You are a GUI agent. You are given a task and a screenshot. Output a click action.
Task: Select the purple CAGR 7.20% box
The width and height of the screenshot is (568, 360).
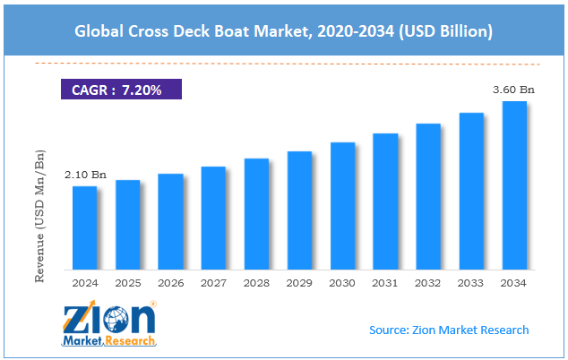point(121,90)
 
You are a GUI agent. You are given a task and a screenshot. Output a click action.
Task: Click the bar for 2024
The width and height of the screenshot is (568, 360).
point(84,227)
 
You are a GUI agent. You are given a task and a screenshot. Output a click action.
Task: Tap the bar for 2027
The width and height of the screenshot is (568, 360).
point(213,218)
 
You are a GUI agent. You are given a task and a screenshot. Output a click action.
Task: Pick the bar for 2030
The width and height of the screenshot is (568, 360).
point(342,205)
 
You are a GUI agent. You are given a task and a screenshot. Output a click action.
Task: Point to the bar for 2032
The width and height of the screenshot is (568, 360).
point(428,196)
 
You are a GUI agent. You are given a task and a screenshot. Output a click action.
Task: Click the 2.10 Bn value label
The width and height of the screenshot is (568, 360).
point(84,175)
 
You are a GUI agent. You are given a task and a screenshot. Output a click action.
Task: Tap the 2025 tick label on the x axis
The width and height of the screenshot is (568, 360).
point(127,282)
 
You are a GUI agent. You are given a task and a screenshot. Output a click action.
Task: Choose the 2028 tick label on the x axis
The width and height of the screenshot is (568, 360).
point(256,282)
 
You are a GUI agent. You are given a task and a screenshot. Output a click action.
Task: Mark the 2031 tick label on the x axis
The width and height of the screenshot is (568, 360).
point(385,282)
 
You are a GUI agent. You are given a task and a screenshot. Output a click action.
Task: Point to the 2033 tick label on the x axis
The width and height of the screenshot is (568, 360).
point(471,282)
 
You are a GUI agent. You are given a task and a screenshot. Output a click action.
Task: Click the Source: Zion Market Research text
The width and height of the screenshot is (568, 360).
point(449,330)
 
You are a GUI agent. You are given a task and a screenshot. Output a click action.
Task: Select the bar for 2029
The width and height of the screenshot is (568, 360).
point(299,210)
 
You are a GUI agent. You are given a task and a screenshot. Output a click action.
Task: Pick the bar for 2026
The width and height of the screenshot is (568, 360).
point(170,221)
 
